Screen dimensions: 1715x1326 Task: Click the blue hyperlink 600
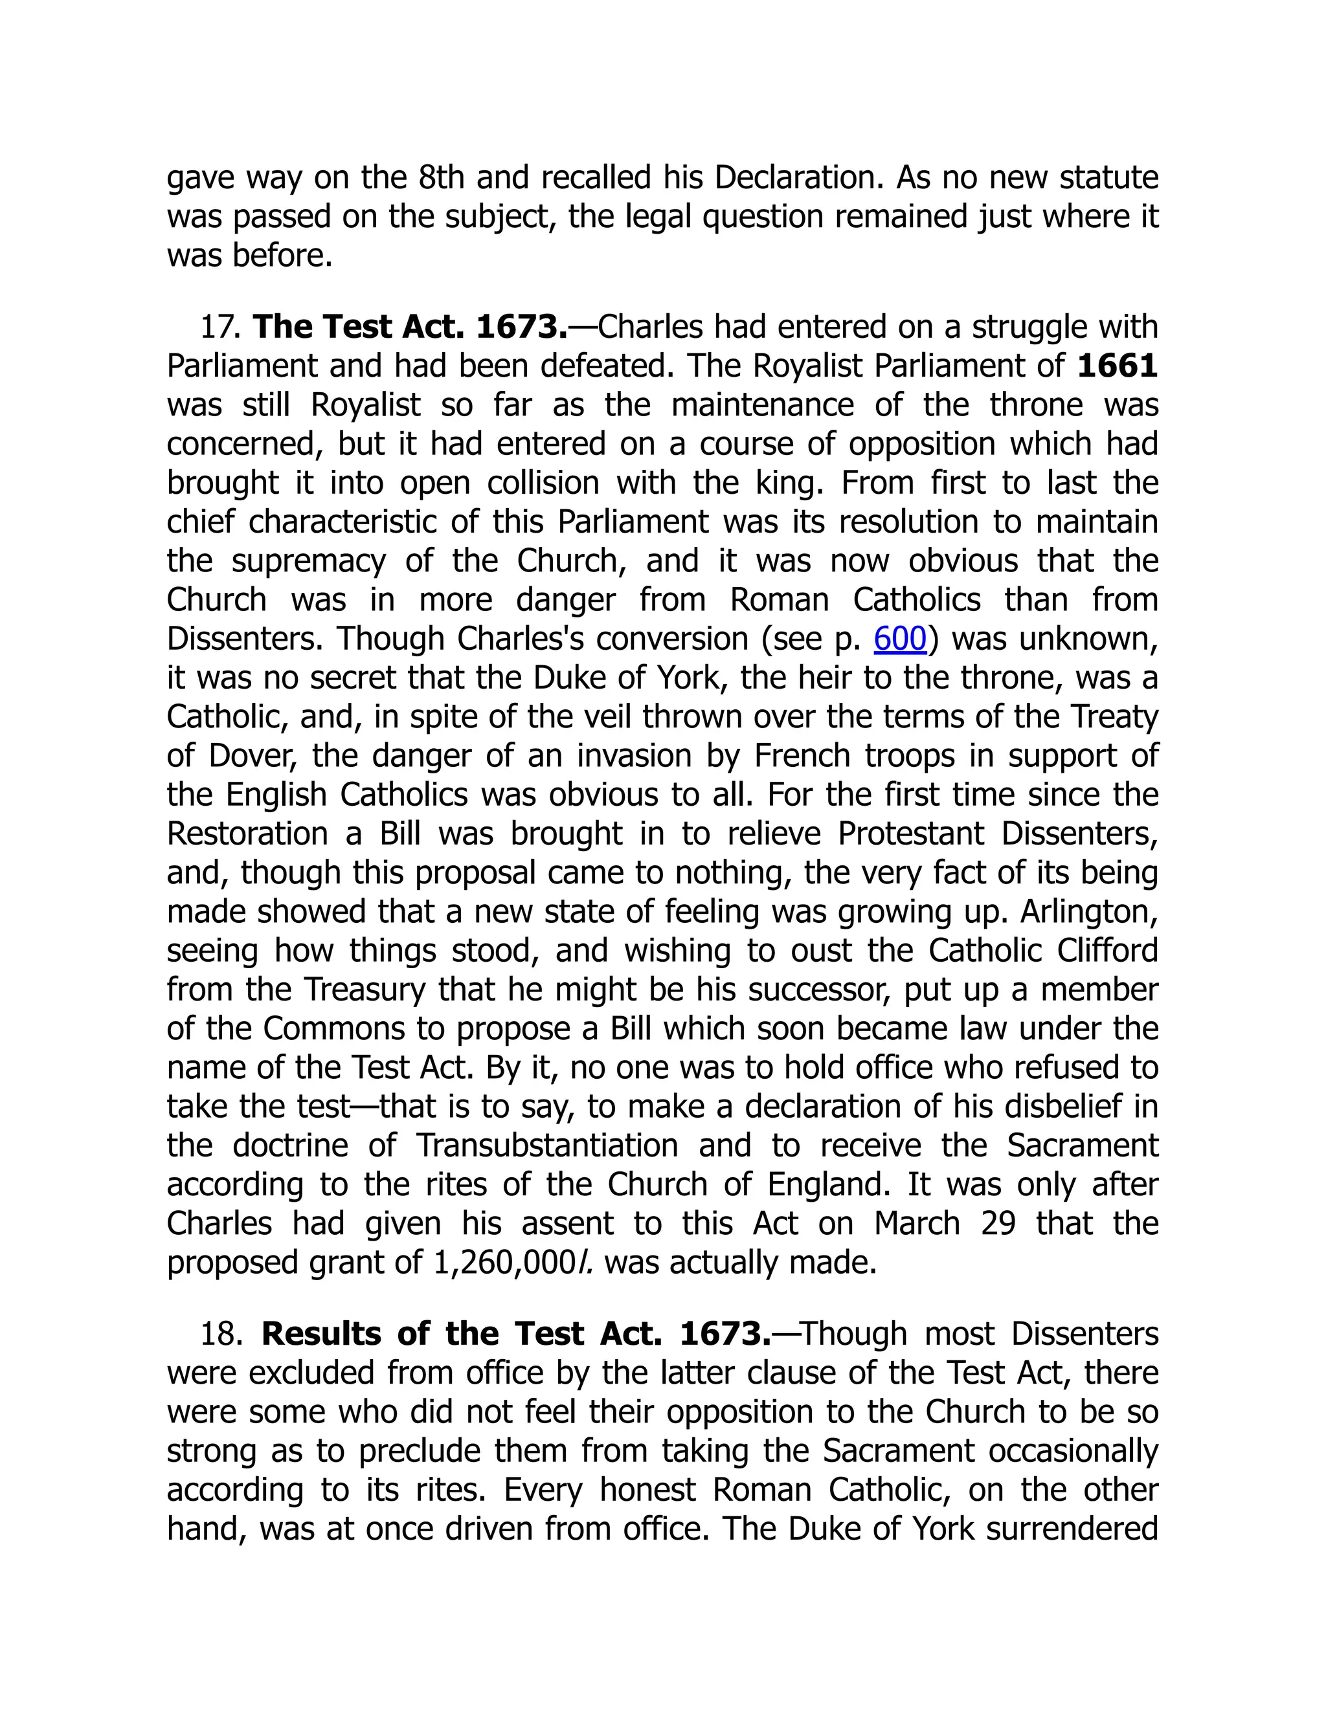coord(900,639)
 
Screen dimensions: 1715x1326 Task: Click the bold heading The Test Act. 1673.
coord(409,327)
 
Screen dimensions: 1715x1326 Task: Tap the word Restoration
coord(247,834)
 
